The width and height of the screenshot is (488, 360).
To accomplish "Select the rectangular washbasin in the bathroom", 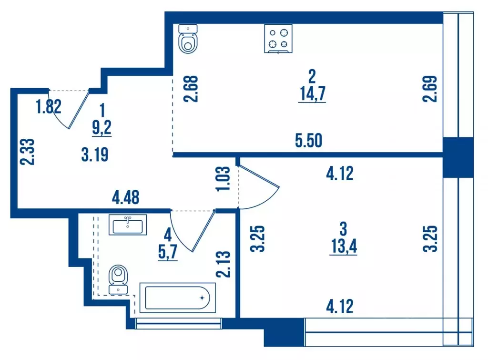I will coord(128,225).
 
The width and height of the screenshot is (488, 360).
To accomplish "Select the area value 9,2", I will coord(102,127).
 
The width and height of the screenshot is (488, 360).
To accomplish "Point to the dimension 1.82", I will coord(49,107).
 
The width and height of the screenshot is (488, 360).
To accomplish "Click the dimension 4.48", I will coord(126,197).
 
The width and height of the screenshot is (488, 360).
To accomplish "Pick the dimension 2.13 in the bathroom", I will coord(223,264).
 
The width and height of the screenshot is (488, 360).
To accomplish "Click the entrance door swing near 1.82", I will coord(71,110).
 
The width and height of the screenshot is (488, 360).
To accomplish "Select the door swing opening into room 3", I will coord(260,188).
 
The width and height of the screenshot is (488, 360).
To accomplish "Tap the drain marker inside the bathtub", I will coord(203,298).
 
